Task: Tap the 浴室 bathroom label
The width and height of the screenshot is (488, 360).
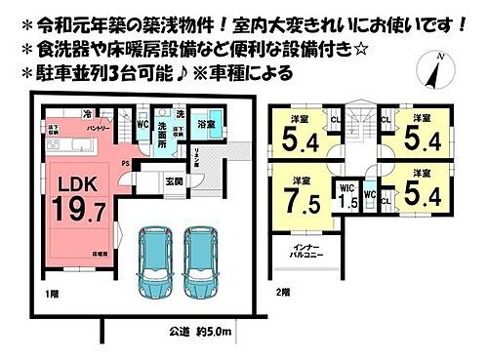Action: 207,125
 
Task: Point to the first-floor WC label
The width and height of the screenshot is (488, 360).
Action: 143,125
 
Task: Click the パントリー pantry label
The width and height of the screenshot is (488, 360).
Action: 97,128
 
